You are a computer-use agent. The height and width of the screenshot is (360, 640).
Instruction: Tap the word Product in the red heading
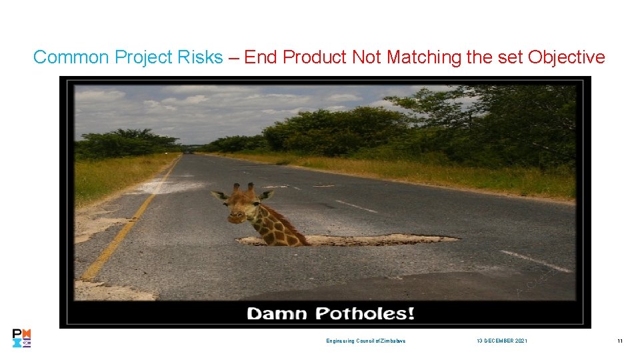click(315, 57)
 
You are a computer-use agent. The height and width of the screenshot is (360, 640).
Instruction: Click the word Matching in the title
click(424, 57)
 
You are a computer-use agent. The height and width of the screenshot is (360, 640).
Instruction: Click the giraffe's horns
click(244, 189)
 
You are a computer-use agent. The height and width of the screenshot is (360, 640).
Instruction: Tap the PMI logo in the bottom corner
click(21, 339)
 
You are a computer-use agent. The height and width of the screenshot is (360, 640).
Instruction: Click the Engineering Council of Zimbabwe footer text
click(365, 341)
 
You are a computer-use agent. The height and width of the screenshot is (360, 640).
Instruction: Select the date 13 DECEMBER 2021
click(501, 341)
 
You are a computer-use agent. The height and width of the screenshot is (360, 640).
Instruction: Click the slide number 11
click(619, 341)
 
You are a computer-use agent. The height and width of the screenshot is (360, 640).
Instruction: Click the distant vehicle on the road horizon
click(191, 151)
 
